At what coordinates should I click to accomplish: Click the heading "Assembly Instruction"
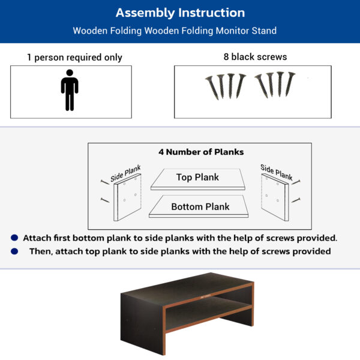(x=180, y=13)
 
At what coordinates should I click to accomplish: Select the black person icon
(x=70, y=90)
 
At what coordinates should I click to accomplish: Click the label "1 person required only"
(x=74, y=58)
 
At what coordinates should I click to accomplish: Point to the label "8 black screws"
(x=255, y=57)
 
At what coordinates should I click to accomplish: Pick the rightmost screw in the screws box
(x=292, y=86)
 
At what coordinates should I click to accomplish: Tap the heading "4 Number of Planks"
(x=201, y=152)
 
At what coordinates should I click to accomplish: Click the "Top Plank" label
(x=197, y=177)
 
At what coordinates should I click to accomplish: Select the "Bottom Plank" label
(x=200, y=207)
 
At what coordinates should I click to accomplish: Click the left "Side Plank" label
(x=124, y=175)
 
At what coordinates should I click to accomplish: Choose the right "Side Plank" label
(x=277, y=172)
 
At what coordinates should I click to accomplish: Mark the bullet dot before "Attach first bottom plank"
(x=14, y=238)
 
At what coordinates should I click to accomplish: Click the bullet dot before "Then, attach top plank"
(x=14, y=251)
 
